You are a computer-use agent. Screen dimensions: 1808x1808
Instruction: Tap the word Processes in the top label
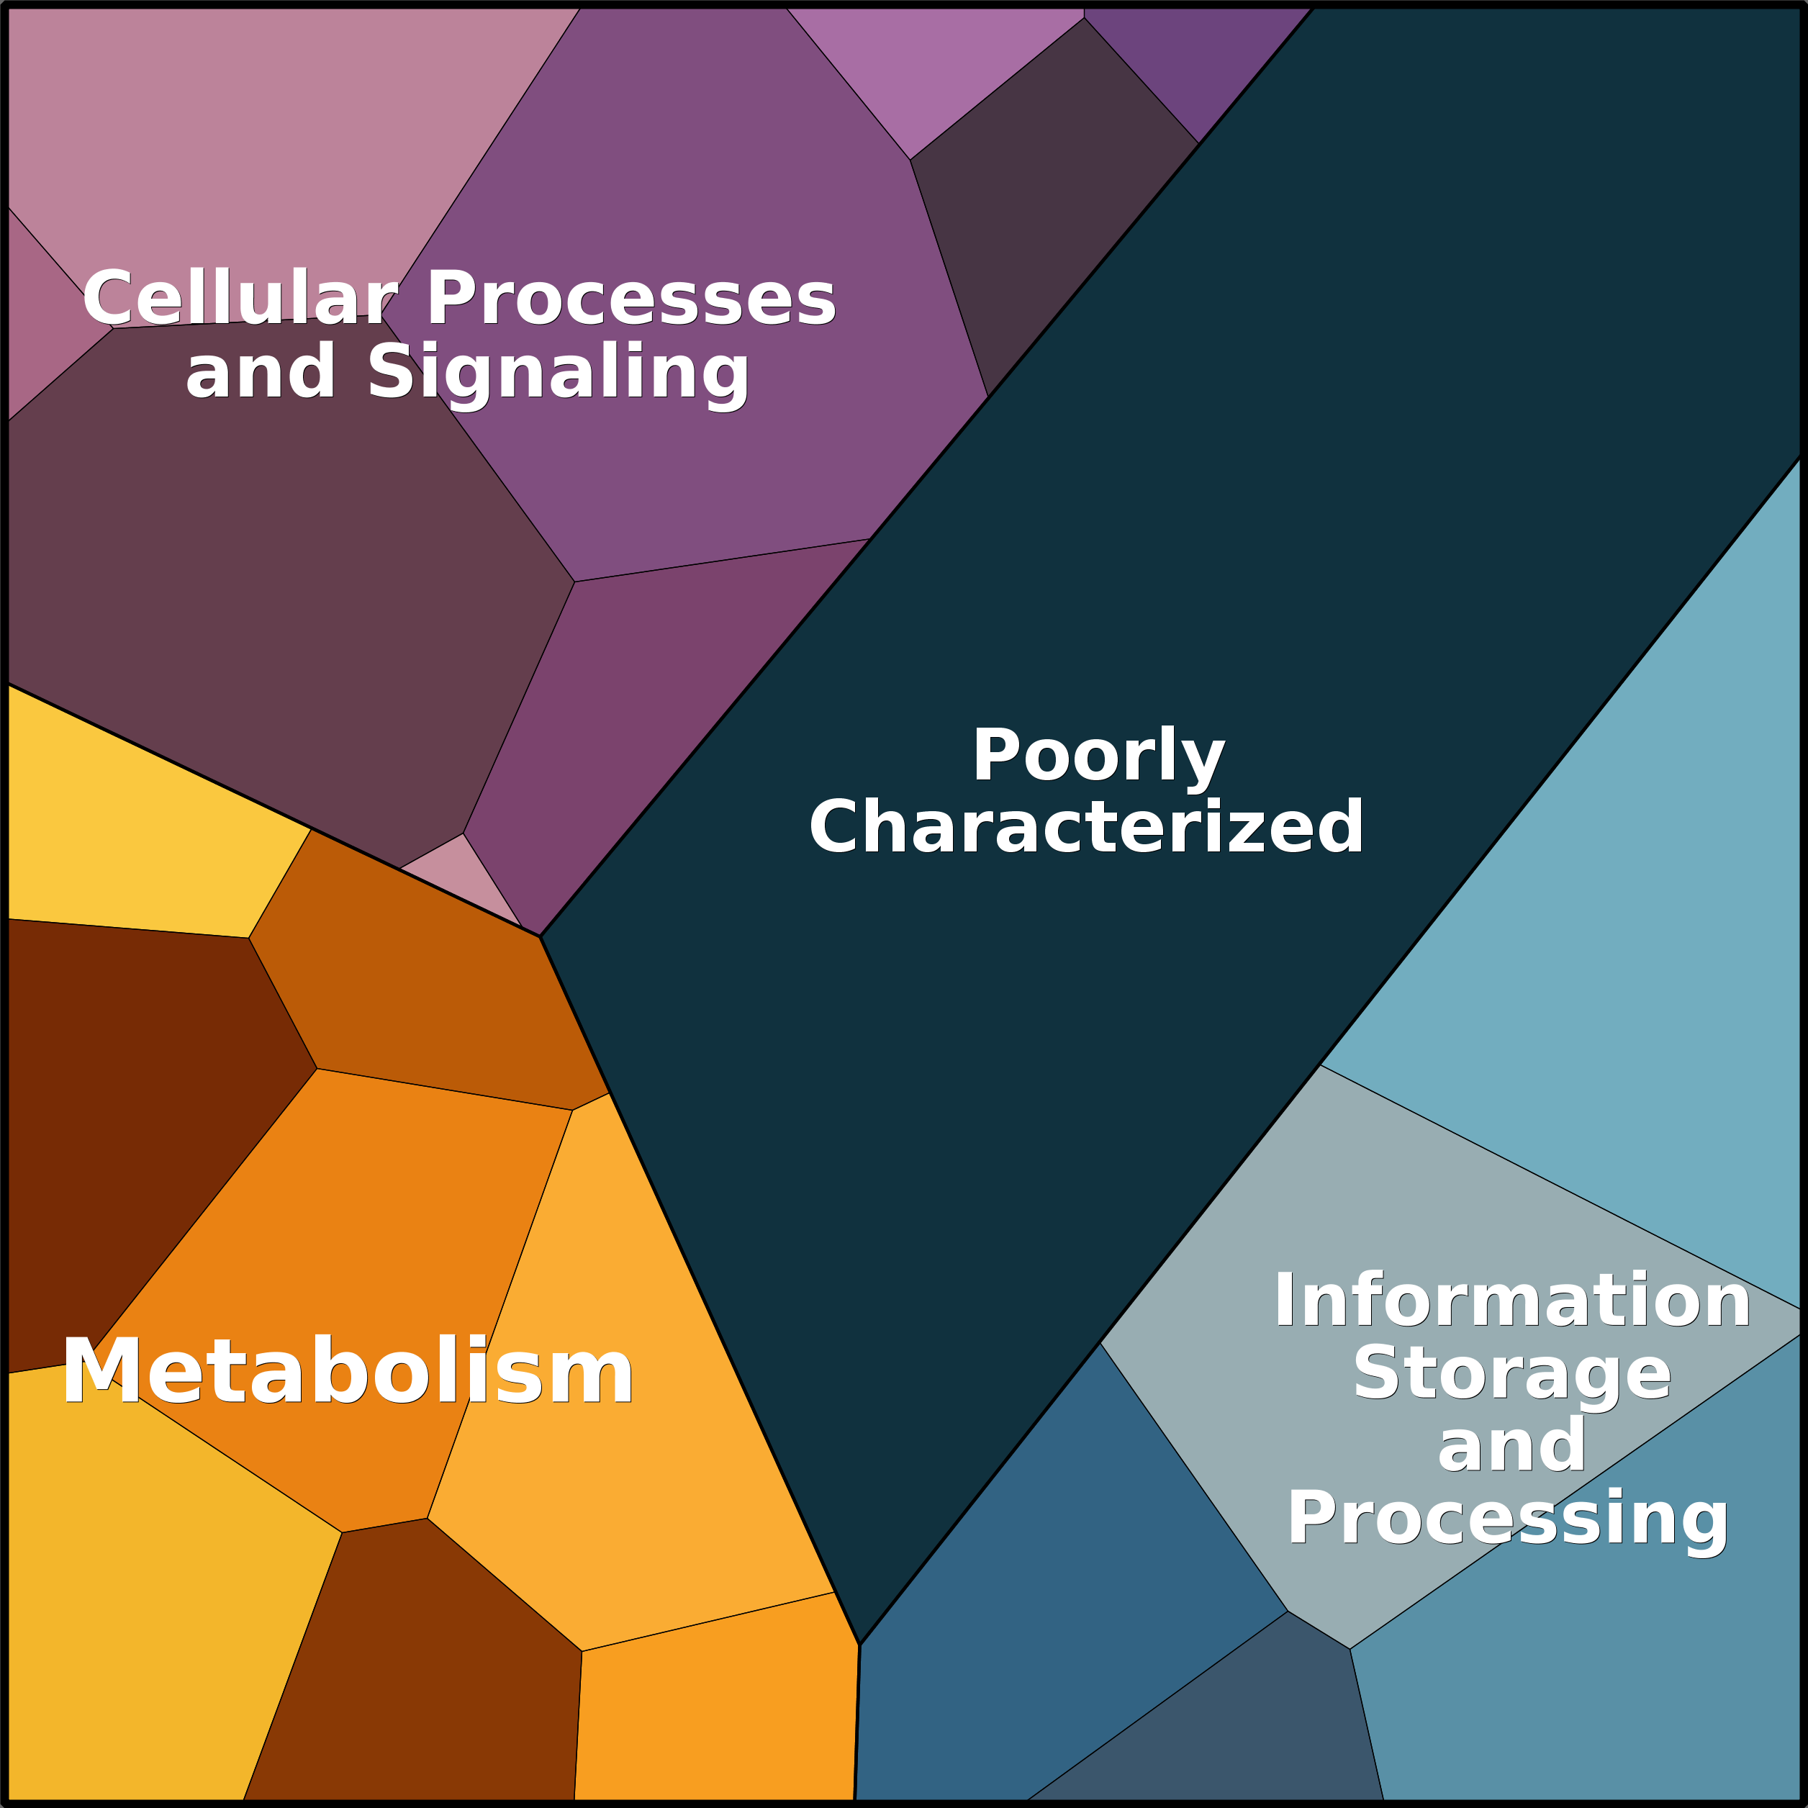click(630, 299)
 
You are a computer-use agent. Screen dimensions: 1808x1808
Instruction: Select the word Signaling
click(558, 372)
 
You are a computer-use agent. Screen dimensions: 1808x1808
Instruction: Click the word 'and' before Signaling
click(260, 372)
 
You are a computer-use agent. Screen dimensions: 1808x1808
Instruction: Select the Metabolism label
click(347, 1373)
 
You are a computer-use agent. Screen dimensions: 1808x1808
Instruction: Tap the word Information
click(1511, 1301)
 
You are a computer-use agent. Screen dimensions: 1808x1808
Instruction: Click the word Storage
click(1511, 1374)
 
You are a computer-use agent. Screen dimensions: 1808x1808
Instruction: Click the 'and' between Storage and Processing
click(1511, 1446)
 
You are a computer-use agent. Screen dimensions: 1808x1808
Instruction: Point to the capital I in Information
click(1285, 1301)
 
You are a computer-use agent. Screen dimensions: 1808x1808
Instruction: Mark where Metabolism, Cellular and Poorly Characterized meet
click(540, 936)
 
